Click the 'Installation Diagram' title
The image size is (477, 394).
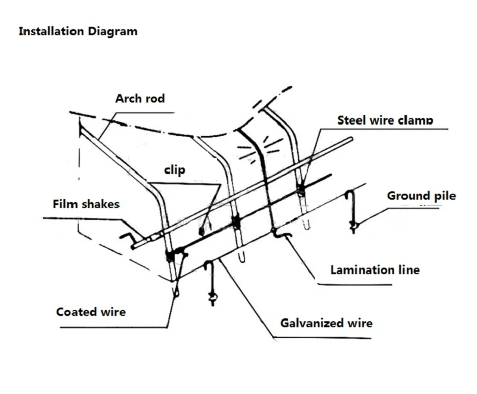(x=78, y=32)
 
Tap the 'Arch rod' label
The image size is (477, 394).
(x=140, y=98)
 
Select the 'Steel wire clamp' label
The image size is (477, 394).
(x=385, y=120)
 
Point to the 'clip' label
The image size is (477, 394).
(x=175, y=170)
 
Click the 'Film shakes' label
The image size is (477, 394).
(x=86, y=204)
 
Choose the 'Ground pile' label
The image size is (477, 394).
(x=422, y=196)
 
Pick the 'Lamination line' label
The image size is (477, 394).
(x=375, y=270)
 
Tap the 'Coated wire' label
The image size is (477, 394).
(x=91, y=312)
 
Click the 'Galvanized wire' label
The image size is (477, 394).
(x=326, y=323)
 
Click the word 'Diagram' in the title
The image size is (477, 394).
(x=113, y=32)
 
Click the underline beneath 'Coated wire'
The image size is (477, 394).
(x=113, y=327)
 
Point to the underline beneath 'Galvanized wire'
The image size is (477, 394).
(x=322, y=337)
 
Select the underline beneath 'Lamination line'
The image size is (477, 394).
(x=355, y=284)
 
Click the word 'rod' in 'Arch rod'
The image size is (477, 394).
(x=154, y=98)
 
